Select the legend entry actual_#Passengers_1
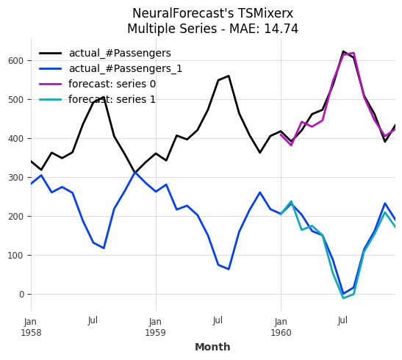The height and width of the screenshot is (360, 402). [125, 69]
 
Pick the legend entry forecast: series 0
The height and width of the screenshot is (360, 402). [112, 84]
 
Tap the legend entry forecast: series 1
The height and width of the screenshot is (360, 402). [112, 100]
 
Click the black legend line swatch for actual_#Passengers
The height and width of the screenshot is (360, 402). [50, 54]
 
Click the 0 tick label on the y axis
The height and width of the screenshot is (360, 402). [21, 294]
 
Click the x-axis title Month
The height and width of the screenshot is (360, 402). [212, 347]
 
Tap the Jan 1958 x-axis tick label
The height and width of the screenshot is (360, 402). [30, 327]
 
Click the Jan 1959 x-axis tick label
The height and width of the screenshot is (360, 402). [155, 327]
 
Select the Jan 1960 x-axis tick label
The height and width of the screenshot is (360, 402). [280, 327]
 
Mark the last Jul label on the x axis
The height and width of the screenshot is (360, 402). [342, 321]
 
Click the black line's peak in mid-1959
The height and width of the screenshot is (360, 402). [229, 76]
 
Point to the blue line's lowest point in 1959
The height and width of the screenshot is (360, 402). [229, 269]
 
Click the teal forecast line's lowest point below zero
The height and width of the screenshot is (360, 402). [342, 298]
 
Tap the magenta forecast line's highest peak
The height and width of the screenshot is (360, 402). [353, 53]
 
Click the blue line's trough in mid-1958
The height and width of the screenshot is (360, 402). [104, 248]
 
